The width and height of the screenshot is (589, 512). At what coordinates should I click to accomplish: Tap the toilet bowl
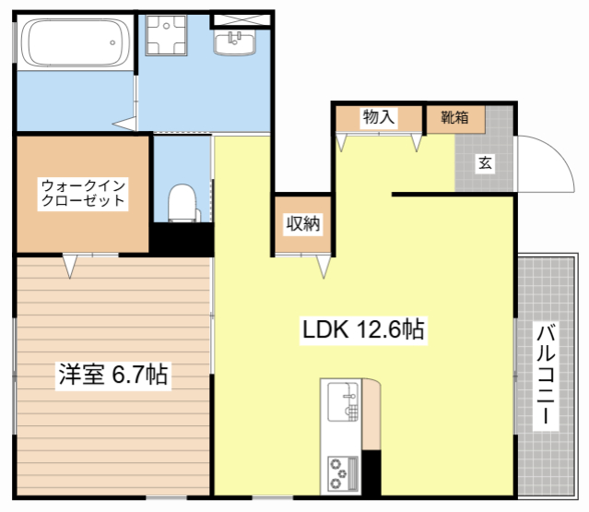tap(184, 202)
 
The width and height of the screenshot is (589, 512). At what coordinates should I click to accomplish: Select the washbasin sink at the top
tap(238, 41)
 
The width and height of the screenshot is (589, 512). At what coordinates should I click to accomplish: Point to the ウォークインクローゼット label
tap(81, 192)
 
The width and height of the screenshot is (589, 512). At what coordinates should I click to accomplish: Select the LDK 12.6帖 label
tap(362, 329)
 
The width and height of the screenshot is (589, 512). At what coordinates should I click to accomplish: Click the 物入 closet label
tap(378, 117)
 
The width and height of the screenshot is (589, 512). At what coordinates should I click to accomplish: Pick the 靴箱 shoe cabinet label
tap(454, 117)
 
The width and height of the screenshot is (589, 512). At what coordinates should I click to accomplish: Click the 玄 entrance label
tap(485, 164)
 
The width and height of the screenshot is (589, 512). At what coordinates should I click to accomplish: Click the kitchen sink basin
tap(342, 400)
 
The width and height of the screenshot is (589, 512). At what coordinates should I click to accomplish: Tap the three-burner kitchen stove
tap(341, 474)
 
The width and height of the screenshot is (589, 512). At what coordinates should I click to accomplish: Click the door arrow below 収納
tap(324, 268)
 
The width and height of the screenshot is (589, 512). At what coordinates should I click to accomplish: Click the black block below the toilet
tap(183, 239)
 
